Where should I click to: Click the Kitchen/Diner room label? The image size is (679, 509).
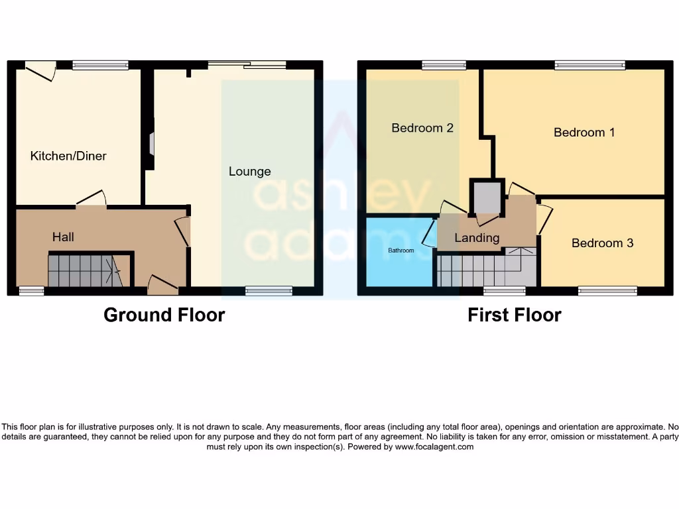68,156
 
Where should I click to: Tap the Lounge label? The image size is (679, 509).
249,171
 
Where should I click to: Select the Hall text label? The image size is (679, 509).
63,237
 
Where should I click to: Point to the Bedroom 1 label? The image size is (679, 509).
584,133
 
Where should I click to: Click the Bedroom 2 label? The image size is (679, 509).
422,128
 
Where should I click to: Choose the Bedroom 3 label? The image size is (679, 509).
602,243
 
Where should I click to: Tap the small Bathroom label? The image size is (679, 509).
401,251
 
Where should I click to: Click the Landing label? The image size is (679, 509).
477,238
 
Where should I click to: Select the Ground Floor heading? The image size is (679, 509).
164,315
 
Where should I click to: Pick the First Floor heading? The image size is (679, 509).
514,315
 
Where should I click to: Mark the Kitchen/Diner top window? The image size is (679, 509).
100,65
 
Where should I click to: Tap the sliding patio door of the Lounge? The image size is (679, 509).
247,64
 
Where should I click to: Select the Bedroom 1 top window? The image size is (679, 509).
589,65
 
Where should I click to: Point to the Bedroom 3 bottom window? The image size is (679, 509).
607,290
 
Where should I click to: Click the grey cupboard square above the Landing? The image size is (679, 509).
487,196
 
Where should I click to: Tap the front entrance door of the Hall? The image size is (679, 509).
162,286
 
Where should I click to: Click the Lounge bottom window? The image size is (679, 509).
269,290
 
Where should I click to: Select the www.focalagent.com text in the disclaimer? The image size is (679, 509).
434,447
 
